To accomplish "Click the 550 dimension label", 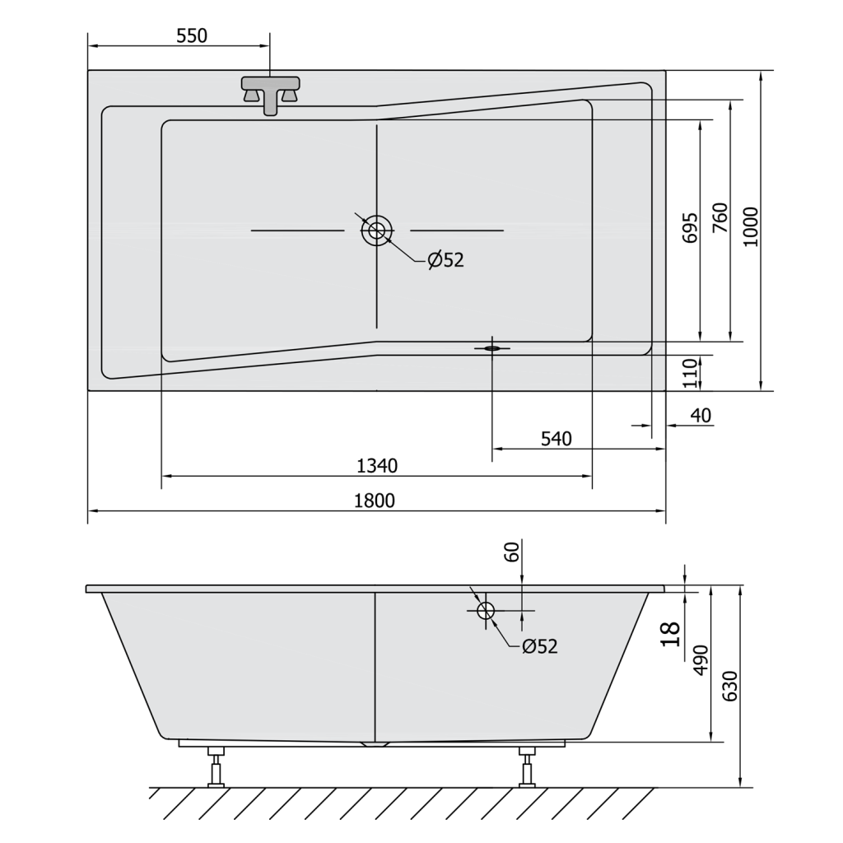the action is (191, 35).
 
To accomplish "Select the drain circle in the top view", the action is (376, 231).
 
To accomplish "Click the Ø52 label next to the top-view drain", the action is (445, 260).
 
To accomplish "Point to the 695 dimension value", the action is (691, 227).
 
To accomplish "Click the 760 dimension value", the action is (720, 217).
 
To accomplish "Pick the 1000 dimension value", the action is (751, 227).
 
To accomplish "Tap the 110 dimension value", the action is (691, 373).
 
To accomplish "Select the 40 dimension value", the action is (701, 415).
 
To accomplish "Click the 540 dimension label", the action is (556, 439).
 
